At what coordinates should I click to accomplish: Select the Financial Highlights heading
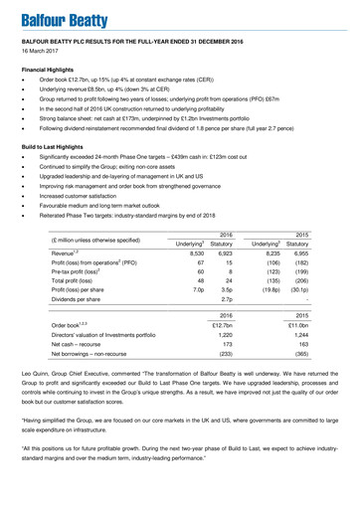coord(51,72)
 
